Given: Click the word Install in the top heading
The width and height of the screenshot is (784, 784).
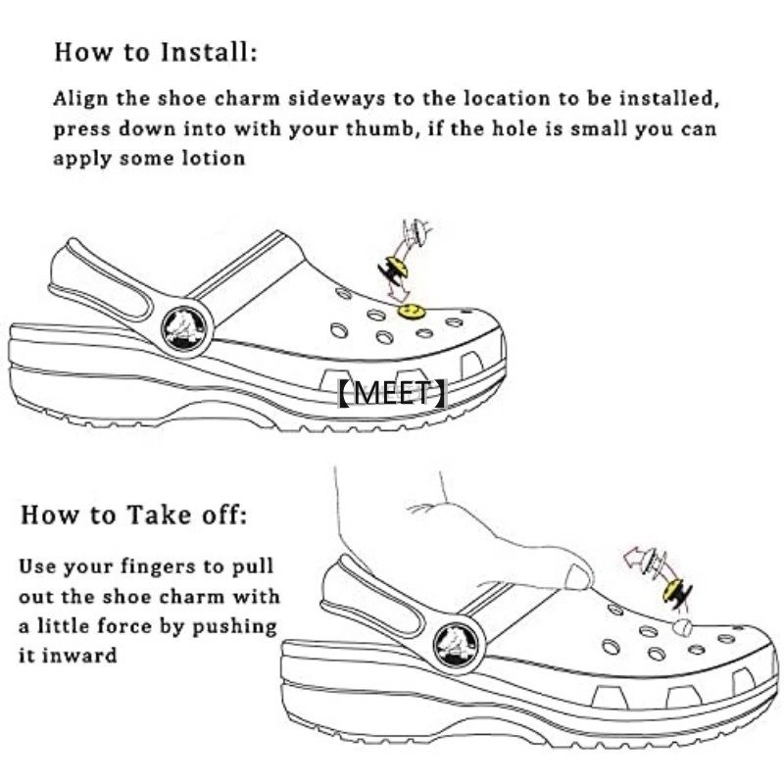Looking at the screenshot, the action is (x=208, y=52).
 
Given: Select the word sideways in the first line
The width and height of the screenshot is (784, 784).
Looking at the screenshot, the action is (x=337, y=99).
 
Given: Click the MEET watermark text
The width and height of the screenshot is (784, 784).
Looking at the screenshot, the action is (x=391, y=393).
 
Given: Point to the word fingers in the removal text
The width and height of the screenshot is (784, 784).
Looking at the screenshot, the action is (x=152, y=567).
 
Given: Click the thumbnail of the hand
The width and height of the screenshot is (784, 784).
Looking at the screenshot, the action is (x=579, y=577).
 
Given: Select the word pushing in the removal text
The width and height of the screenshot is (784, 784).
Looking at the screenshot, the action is (x=234, y=627).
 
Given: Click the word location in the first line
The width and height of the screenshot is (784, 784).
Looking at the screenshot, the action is (x=507, y=98).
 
